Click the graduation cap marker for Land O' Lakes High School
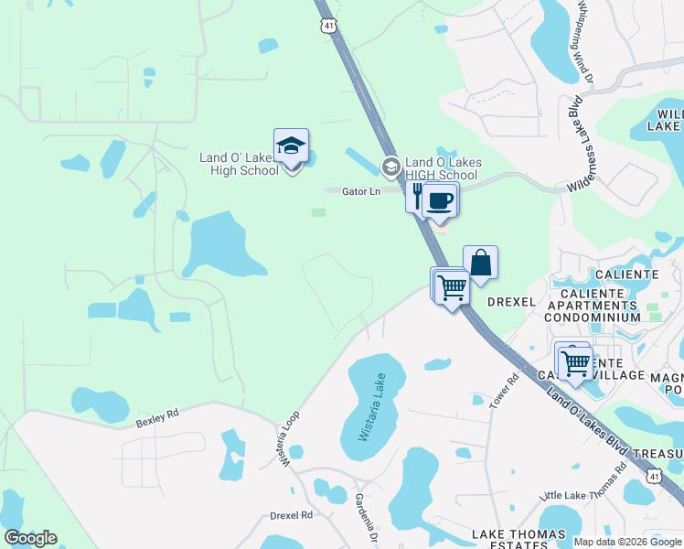(x=291, y=147)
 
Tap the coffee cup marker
(x=440, y=200)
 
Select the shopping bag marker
(x=480, y=264)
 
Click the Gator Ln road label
(x=360, y=191)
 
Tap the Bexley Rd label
(x=156, y=419)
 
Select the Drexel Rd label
(x=291, y=515)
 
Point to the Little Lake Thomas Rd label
(x=582, y=485)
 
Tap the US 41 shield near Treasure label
(x=653, y=477)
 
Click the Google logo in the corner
(x=30, y=538)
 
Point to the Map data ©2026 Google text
(x=626, y=542)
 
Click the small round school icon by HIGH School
(x=391, y=167)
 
